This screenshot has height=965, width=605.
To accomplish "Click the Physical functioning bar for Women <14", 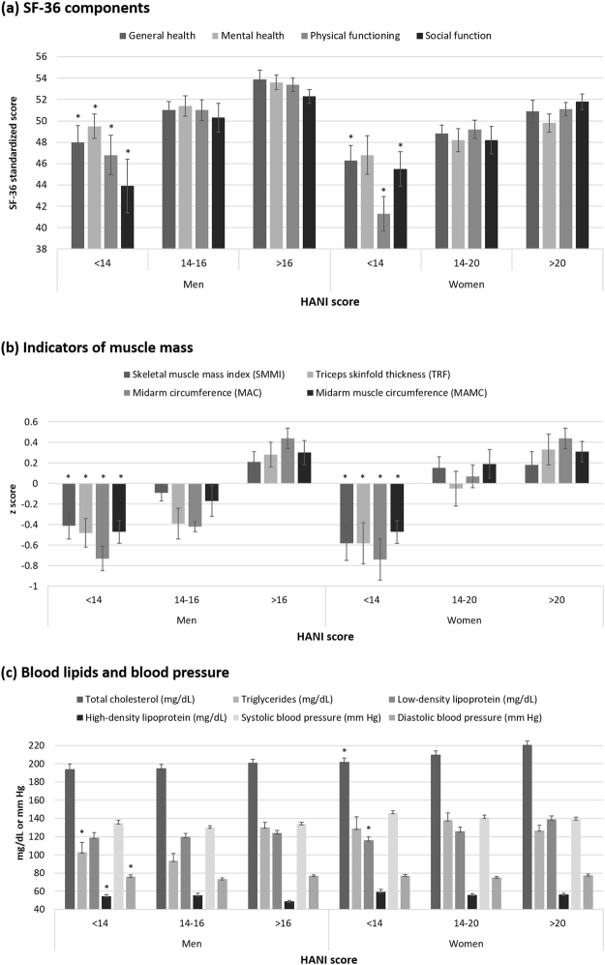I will [383, 231].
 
